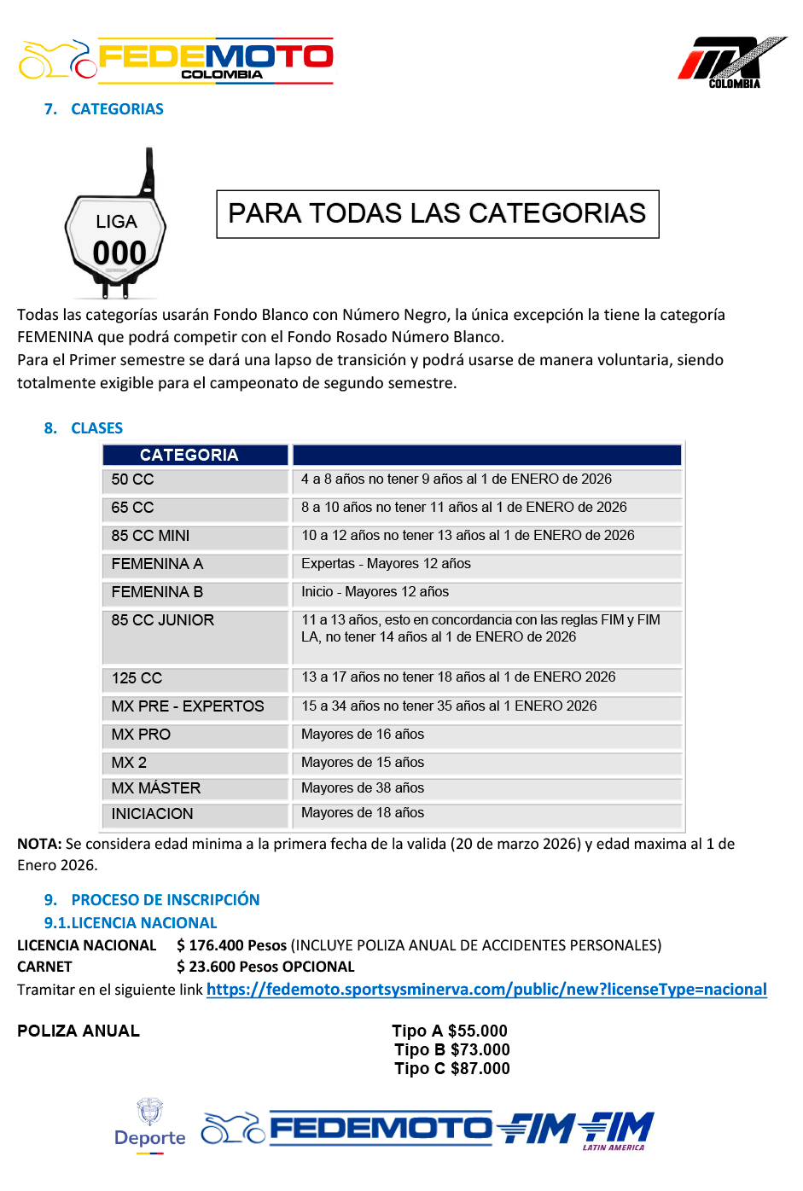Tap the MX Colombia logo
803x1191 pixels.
pos(731,62)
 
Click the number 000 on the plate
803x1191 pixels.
pos(119,253)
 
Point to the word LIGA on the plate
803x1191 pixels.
pos(116,222)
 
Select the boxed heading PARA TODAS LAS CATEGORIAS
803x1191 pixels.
pos(437,213)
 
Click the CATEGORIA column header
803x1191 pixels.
pos(189,455)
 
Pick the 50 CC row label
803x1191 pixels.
pos(133,479)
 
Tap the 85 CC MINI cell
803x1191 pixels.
pos(151,536)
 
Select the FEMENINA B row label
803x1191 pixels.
pos(157,592)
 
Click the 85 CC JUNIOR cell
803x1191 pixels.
pos(163,620)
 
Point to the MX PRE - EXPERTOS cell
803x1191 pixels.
pos(188,706)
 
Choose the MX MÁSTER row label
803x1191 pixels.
pos(156,788)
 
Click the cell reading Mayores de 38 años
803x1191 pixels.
pos(363,788)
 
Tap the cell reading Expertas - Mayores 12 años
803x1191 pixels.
pos(386,564)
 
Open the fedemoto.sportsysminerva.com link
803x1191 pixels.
pos(486,990)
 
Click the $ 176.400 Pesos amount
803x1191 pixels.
pos(231,945)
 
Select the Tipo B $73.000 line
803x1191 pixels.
pos(451,1050)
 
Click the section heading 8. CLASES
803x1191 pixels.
pos(84,428)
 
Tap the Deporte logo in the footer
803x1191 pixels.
pos(150,1127)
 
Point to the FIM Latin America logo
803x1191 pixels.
pos(616,1131)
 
